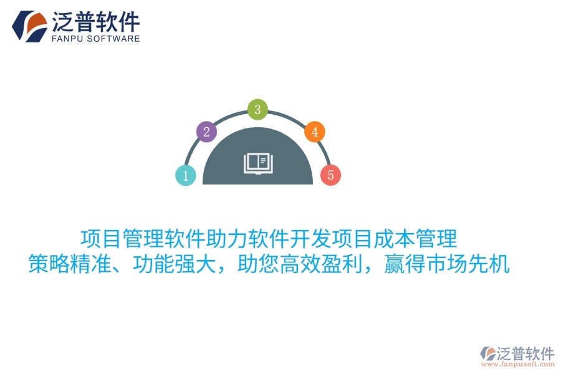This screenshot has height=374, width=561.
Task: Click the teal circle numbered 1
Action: click(x=185, y=176)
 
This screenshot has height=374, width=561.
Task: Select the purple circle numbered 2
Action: click(x=206, y=132)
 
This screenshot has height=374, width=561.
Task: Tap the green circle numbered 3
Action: click(x=257, y=110)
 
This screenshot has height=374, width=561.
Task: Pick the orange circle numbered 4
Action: click(x=315, y=132)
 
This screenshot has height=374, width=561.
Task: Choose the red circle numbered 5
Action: click(x=330, y=175)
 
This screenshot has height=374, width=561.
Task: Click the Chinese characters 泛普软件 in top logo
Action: click(x=96, y=22)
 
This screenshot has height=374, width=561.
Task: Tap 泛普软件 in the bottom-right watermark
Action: click(x=525, y=353)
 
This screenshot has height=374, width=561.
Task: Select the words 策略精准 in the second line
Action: click(x=70, y=265)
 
